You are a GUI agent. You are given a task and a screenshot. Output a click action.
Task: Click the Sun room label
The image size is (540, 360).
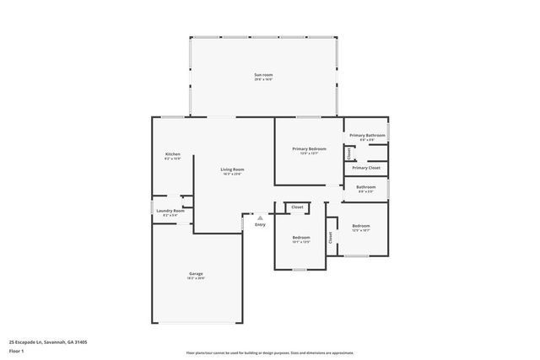point(263,75)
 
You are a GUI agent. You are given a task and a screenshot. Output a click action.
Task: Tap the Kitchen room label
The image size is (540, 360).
point(173,154)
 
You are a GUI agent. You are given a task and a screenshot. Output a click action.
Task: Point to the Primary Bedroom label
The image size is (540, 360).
point(309,149)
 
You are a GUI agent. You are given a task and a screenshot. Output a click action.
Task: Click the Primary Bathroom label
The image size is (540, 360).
point(367,135)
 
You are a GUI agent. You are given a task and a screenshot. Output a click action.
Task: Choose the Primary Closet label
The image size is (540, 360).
point(366,168)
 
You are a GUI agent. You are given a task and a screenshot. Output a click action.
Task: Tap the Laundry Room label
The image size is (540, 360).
point(174,210)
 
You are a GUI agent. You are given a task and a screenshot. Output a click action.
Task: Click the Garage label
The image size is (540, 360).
point(196,273)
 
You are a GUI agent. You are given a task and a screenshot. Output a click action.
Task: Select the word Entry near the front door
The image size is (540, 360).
point(260,224)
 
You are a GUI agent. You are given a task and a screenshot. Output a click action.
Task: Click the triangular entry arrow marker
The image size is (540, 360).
point(260,218)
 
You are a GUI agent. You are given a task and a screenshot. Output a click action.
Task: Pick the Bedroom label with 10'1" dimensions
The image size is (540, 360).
point(301,238)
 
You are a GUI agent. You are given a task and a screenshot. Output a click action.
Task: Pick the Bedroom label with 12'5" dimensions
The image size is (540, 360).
point(361,225)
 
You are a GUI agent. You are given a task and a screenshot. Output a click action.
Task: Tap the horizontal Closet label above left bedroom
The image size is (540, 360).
point(297,207)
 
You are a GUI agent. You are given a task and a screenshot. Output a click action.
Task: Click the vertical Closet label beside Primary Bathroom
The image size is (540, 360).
point(348,153)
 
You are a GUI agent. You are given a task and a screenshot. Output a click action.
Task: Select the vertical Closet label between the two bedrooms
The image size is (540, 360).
point(330,239)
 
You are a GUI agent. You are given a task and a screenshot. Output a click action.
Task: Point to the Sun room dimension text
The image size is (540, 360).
point(263,80)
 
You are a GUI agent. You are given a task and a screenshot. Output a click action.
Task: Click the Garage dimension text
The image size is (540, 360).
point(196,278)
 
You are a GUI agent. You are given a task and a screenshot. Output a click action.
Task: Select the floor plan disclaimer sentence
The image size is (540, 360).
point(270,353)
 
